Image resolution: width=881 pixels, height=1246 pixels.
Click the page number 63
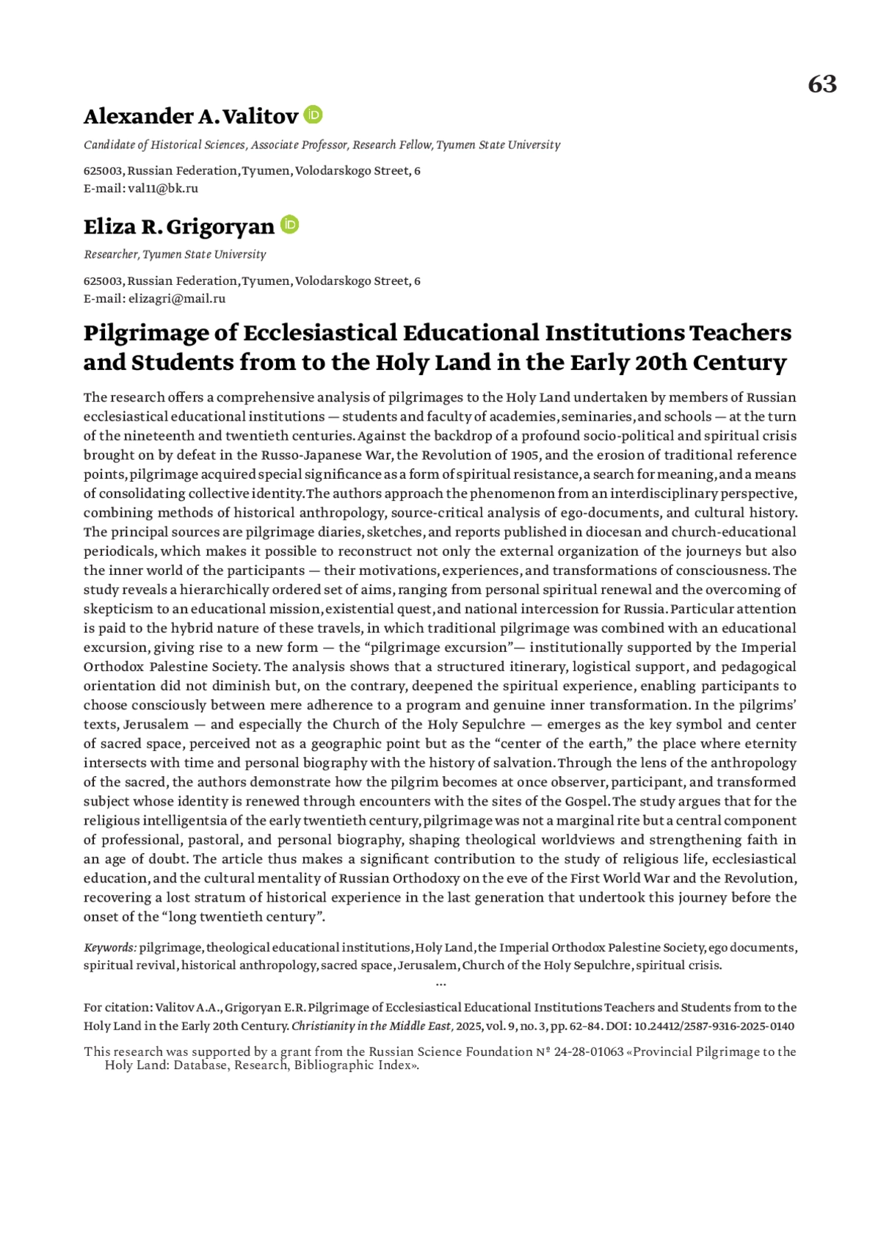(x=822, y=84)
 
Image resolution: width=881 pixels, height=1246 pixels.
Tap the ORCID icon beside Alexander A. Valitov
(x=313, y=115)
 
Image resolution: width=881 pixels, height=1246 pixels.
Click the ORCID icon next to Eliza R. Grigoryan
(x=290, y=225)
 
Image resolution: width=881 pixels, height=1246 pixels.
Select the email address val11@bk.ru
(x=163, y=189)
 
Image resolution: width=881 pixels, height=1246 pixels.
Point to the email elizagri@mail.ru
(x=177, y=299)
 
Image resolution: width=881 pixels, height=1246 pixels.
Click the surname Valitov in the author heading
(x=260, y=117)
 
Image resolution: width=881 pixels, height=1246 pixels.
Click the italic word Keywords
(x=109, y=948)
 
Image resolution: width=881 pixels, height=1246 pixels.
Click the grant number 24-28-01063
(x=588, y=1052)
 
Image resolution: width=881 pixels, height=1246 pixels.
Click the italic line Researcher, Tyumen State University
(x=175, y=255)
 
